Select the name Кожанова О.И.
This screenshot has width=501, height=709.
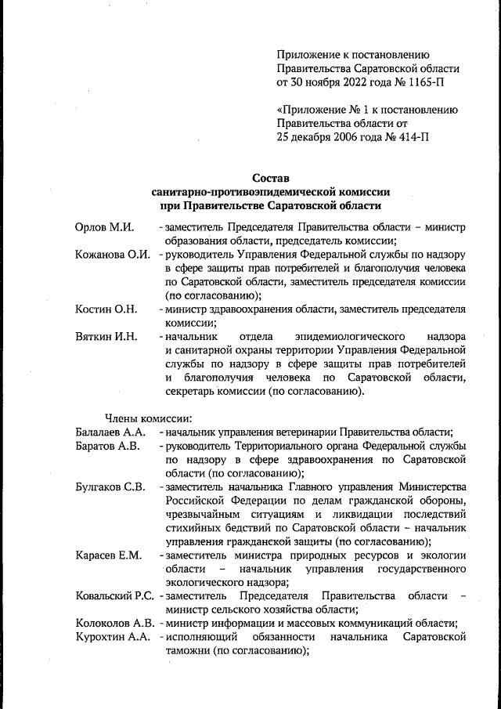point(113,255)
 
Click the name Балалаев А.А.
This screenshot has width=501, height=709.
point(110,432)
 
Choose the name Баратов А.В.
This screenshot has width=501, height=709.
point(107,446)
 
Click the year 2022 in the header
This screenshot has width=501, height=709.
point(347,81)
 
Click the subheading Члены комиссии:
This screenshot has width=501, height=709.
point(144,418)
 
